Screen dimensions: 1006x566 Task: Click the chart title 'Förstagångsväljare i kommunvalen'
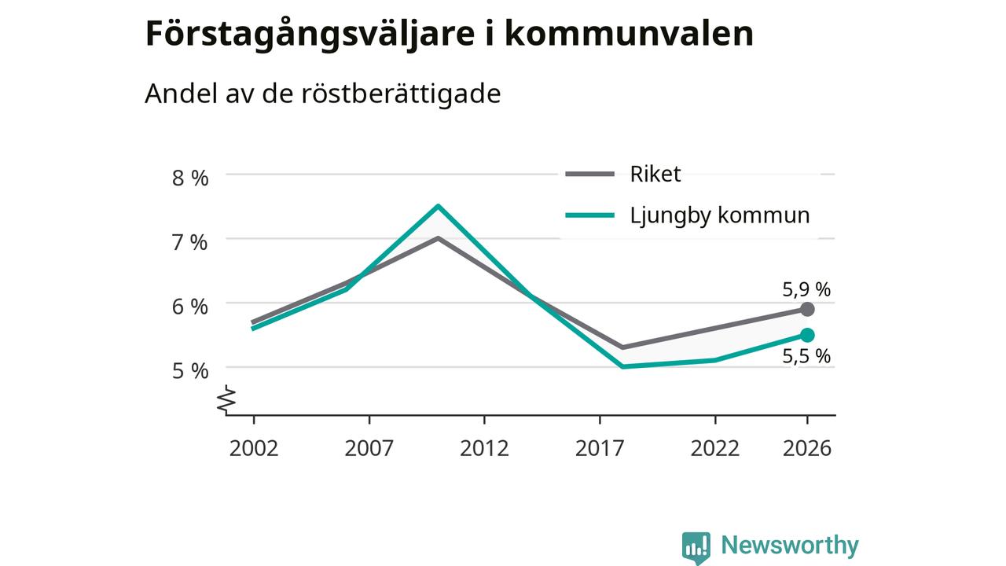pos(449,34)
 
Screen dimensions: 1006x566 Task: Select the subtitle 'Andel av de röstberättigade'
pos(322,94)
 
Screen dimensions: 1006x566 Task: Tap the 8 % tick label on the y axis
pos(190,178)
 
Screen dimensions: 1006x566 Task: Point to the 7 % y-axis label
pos(190,243)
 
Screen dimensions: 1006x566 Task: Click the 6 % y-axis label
pos(190,307)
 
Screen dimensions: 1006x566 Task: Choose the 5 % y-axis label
pos(190,372)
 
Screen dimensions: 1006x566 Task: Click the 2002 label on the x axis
pos(254,448)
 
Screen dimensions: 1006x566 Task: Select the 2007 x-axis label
pos(369,448)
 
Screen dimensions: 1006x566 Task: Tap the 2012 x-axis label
pos(484,448)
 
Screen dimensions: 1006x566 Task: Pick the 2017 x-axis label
pos(600,448)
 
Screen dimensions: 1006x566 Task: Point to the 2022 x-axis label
pos(714,448)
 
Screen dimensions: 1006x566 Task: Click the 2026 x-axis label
pos(807,448)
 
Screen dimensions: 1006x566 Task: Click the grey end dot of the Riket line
pos(807,309)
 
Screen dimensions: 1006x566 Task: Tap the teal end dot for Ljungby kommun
pos(807,335)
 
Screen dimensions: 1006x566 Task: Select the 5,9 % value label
pos(806,290)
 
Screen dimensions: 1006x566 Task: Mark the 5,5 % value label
pos(806,356)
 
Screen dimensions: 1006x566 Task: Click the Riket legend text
pos(655,175)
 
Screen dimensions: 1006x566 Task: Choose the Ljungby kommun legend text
pos(720,215)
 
